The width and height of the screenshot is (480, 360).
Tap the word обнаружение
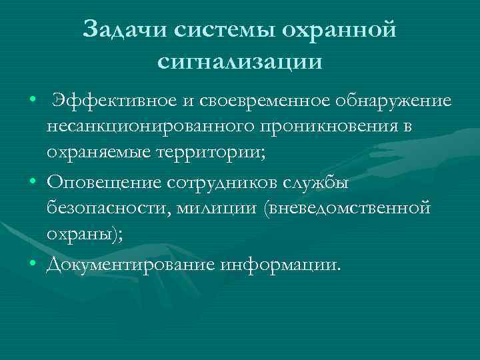pos(393,101)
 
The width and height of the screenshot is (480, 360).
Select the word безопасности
pos(107,209)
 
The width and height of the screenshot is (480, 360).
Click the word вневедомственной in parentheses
pos(349,209)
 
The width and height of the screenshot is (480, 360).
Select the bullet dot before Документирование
pos(33,264)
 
